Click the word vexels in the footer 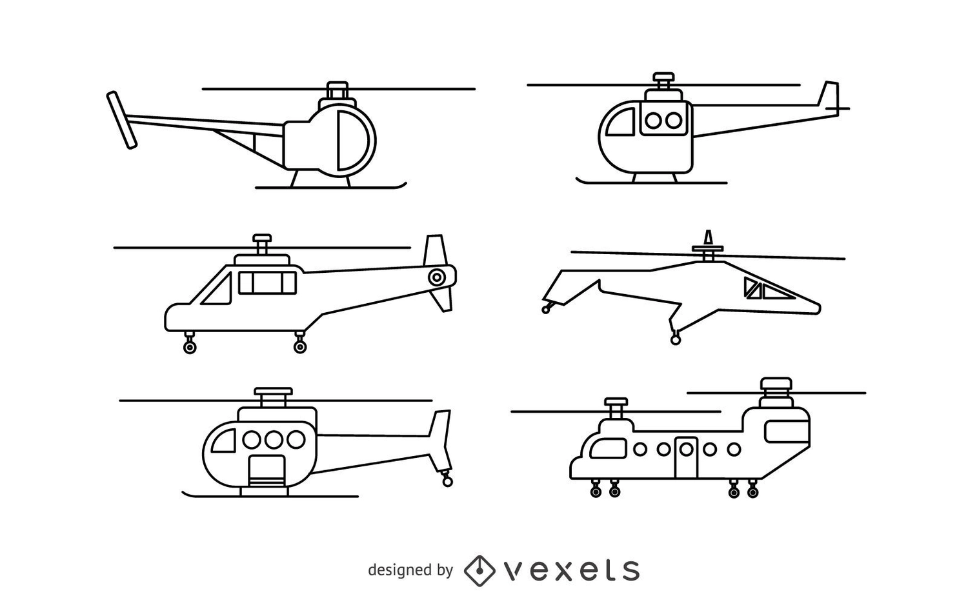(571, 570)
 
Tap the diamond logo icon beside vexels (479, 571)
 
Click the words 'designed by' (410, 570)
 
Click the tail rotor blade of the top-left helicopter (122, 120)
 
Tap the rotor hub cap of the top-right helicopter (663, 77)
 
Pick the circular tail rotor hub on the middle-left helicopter (437, 277)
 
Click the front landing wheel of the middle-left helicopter (190, 347)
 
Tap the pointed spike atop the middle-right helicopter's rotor (708, 238)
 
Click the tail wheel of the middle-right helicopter (546, 310)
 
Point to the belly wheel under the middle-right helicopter (676, 341)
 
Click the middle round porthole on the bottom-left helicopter (274, 440)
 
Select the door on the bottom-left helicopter (267, 471)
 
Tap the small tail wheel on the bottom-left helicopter (448, 482)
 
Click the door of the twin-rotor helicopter (686, 458)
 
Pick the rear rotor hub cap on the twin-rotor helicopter (776, 383)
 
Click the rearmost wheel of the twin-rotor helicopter (753, 492)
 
